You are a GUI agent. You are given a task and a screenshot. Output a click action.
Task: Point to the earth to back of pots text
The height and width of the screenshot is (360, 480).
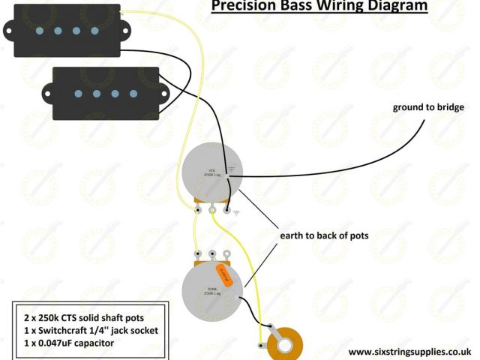tap(324, 235)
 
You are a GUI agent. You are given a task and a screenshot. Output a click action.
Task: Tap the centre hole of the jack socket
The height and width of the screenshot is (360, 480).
tap(284, 344)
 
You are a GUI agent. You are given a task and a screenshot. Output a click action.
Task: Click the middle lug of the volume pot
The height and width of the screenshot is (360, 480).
tap(212, 211)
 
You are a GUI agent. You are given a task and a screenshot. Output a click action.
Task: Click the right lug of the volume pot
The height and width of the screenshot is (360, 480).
tap(226, 211)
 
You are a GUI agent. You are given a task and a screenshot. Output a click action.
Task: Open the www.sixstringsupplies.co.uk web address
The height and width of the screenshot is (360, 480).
tap(409, 350)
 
